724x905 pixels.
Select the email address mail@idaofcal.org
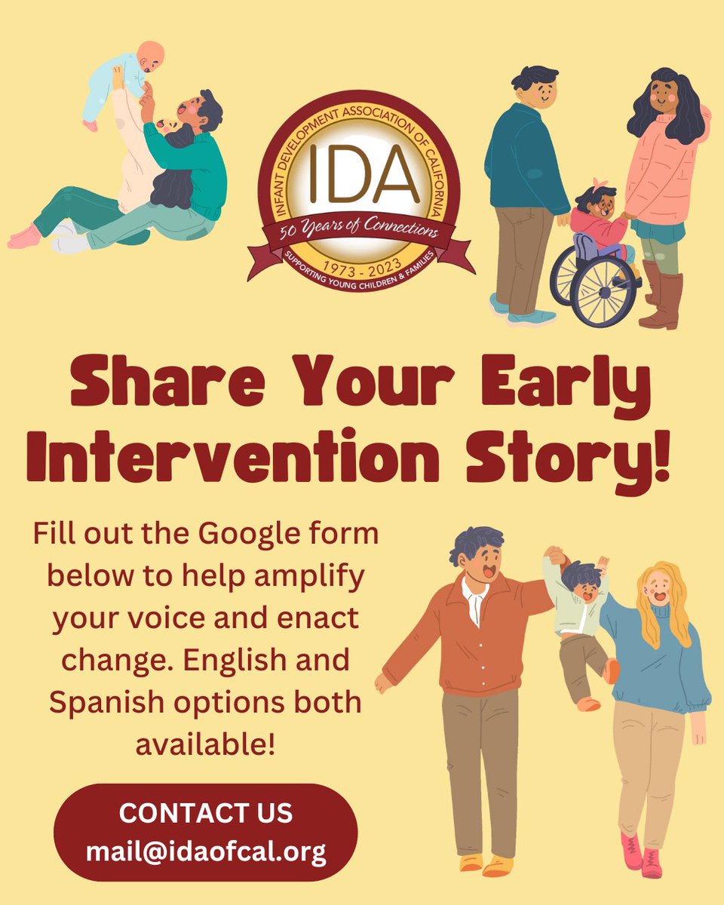(205, 852)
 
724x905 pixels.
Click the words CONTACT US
(205, 814)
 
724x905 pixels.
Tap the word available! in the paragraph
(205, 744)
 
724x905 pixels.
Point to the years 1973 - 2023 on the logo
(362, 266)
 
